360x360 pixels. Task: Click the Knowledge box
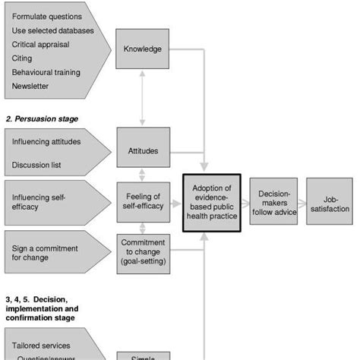coord(142,49)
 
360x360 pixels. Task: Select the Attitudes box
coord(142,150)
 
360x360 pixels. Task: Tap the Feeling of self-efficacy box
coord(142,203)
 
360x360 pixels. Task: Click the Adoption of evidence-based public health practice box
coord(211,203)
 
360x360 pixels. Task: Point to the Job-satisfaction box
coord(329,203)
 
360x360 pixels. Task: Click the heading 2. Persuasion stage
coord(42,119)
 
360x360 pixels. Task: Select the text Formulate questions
coord(48,16)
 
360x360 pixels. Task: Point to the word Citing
coord(23,58)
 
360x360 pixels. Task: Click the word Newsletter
coord(30,86)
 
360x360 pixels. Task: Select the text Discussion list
coord(36,165)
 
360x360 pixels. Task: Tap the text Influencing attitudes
coord(46,141)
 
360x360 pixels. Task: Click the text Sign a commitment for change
coord(46,251)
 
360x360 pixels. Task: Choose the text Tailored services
coord(42,346)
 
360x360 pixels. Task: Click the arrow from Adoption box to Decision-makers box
coord(245,203)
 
